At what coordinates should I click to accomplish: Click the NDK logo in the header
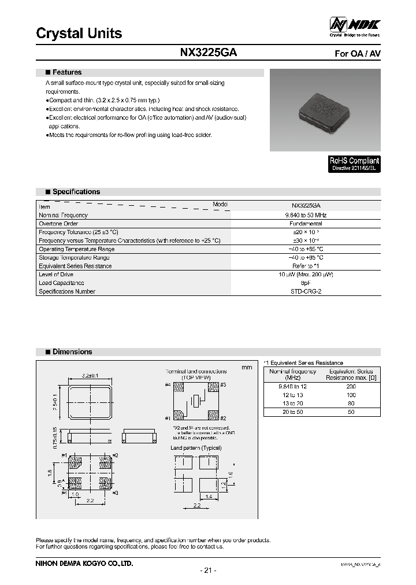point(355,25)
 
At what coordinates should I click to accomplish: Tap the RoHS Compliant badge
point(355,164)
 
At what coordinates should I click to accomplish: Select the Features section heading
point(67,73)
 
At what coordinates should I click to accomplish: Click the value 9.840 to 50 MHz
point(306,215)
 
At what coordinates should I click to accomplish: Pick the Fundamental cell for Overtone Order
point(306,224)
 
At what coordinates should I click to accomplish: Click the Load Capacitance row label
point(61,283)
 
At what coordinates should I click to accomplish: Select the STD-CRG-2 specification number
point(306,292)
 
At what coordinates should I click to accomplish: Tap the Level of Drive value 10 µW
point(306,275)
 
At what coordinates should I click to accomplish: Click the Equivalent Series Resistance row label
point(75,266)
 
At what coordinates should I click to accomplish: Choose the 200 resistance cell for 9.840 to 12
point(351,387)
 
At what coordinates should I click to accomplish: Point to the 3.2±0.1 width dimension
point(90,376)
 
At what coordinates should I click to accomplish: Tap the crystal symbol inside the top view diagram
point(196,401)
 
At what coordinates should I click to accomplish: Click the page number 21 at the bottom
point(208,571)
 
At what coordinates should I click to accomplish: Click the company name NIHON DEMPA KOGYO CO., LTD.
point(84,563)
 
